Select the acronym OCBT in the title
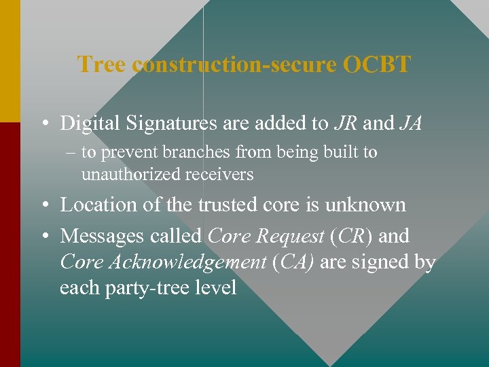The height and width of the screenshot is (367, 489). [377, 65]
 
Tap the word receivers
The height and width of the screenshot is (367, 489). [218, 175]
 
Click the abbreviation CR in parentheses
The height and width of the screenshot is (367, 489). [352, 236]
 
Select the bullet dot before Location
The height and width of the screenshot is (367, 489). [45, 205]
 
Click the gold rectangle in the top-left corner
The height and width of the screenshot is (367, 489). [10, 61]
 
